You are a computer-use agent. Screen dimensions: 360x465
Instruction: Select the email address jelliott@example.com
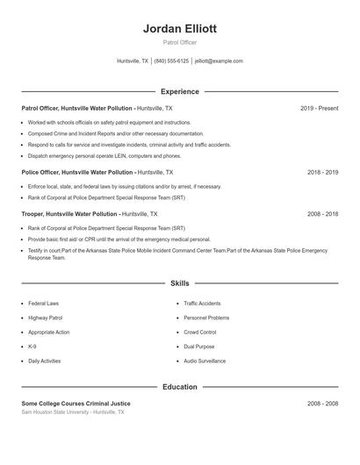(219, 61)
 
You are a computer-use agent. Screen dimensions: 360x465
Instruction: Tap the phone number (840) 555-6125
(171, 61)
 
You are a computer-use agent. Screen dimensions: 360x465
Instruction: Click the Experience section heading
(179, 91)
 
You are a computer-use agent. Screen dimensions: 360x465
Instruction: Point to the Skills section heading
(179, 283)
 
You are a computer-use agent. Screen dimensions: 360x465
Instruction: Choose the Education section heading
(179, 387)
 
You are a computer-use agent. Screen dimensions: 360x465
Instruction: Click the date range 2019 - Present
(319, 108)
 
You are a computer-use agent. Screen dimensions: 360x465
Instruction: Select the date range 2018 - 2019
(322, 173)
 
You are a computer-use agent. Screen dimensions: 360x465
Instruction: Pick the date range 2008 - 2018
(322, 214)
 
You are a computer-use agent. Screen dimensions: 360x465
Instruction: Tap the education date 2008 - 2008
(322, 404)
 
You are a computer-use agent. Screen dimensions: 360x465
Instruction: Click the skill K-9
(32, 347)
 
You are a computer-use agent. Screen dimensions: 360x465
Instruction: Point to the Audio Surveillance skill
(205, 361)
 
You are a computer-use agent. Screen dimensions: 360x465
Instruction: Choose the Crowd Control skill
(200, 332)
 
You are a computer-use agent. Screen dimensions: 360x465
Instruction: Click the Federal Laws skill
(43, 303)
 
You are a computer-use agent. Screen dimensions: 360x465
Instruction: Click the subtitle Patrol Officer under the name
(179, 42)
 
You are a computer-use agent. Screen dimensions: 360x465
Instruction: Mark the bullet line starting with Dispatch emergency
(110, 155)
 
